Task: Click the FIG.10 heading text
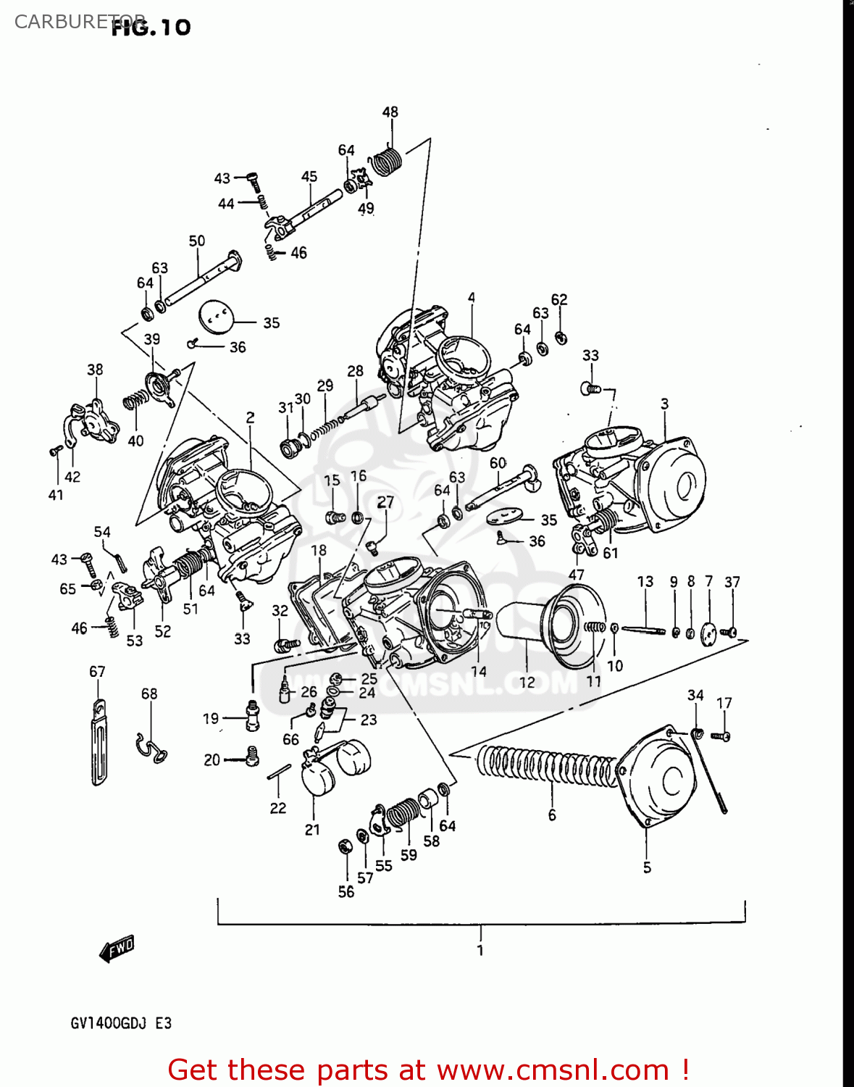coord(151,28)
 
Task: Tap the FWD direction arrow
coord(117,949)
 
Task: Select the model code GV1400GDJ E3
coord(121,1023)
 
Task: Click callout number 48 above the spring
coord(390,112)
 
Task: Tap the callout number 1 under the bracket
coord(480,950)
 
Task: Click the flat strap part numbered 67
coord(99,743)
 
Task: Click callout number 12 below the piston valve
coord(527,683)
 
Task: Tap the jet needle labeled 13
coord(643,630)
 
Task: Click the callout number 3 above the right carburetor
coord(664,404)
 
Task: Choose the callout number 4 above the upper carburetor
coord(472,298)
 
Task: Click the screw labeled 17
coord(721,736)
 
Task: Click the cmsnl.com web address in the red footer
coord(553,1070)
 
